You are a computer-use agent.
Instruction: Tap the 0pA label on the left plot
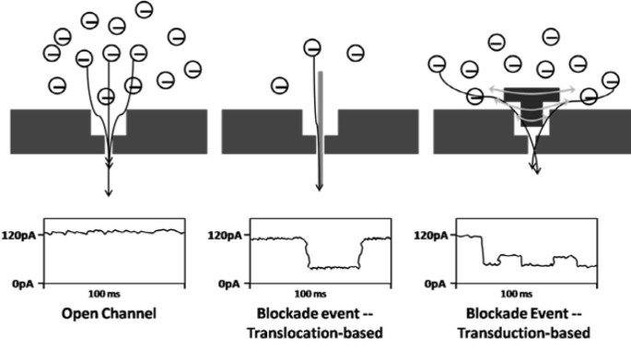(x=26, y=285)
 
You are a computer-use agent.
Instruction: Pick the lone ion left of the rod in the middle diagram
(x=279, y=86)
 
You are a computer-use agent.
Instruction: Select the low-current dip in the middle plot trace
(x=333, y=267)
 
